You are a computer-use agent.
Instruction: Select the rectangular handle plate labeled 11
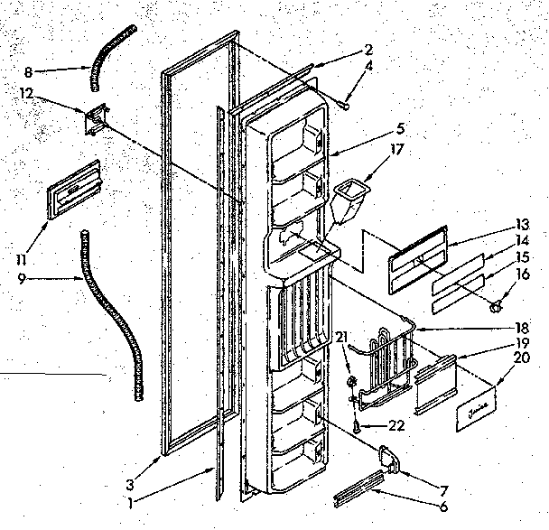(x=75, y=190)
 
